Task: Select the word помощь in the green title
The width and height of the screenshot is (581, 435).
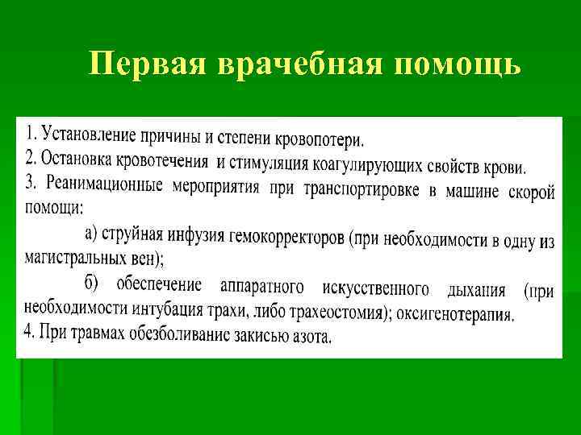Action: [x=458, y=64]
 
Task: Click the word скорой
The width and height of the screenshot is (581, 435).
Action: [x=532, y=193]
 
